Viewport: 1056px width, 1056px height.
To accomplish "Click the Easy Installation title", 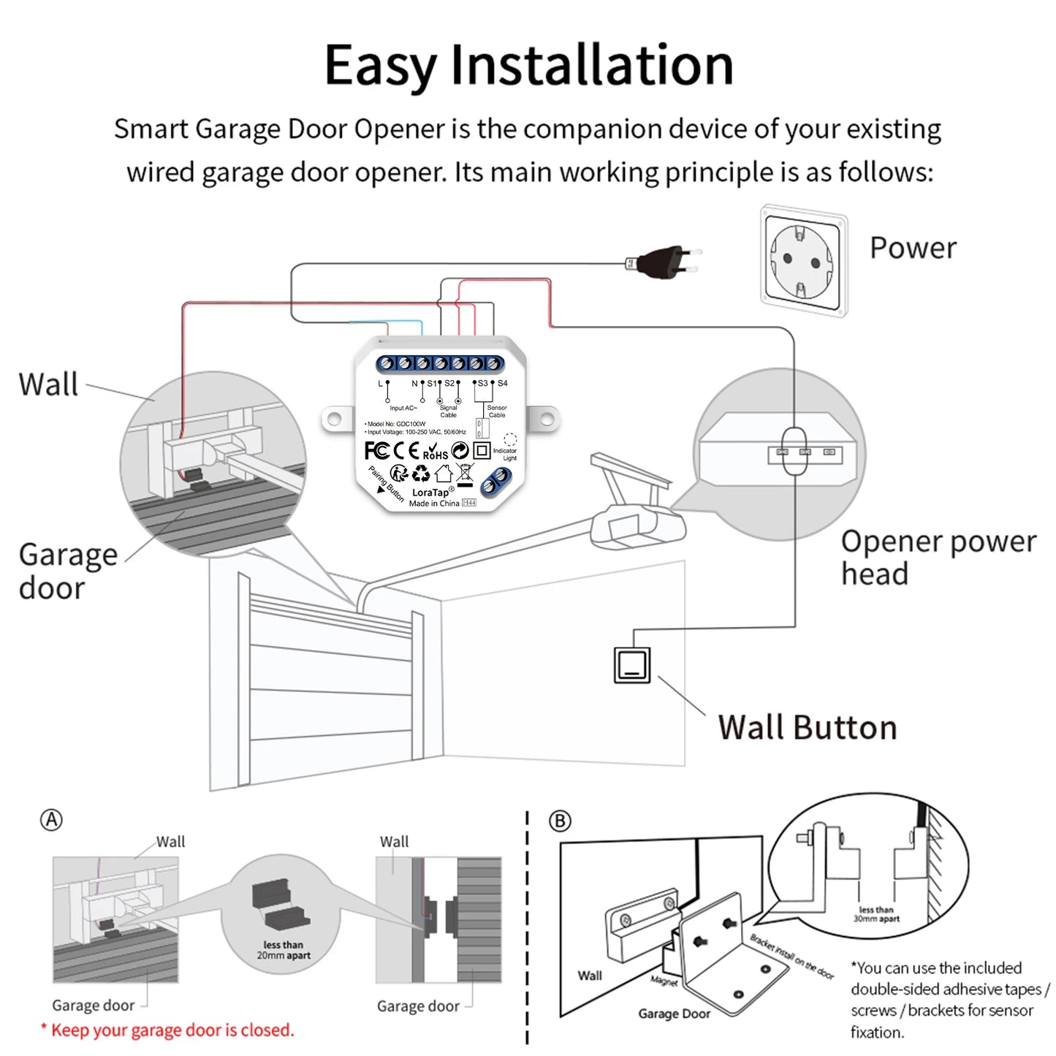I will (528, 66).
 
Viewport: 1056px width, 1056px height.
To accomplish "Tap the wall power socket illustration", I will (804, 260).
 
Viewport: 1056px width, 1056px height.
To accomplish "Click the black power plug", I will (661, 262).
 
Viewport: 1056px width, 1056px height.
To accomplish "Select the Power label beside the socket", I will (912, 248).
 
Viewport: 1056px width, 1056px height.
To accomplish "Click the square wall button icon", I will (631, 665).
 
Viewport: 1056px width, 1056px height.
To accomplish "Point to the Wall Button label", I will (807, 728).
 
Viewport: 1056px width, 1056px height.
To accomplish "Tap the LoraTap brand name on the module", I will (431, 493).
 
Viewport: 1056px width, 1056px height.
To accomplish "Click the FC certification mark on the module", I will (376, 451).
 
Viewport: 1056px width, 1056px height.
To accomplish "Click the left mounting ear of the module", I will (333, 419).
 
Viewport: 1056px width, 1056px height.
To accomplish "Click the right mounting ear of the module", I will (545, 419).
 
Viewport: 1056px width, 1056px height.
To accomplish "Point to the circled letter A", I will (51, 820).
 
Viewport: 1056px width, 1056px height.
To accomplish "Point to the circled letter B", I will (560, 821).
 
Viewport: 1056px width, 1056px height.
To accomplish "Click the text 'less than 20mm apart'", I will (284, 950).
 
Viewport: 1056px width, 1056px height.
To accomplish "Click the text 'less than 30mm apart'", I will (876, 914).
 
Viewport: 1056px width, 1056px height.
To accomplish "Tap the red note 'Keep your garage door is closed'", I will (168, 1030).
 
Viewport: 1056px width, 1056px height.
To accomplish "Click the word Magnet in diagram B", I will (664, 981).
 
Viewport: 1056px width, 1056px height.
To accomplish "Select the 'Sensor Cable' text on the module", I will (497, 411).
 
